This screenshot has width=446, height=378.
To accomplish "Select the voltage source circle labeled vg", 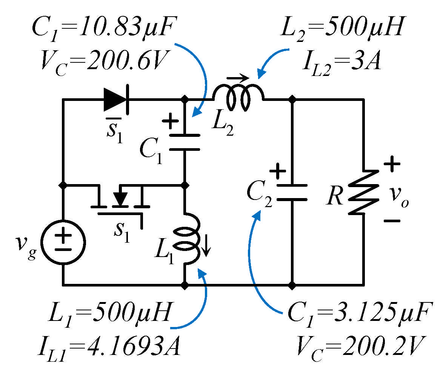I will [63, 242].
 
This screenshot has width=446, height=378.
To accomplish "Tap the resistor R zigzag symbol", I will [363, 193].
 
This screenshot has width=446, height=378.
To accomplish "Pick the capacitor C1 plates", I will [185, 142].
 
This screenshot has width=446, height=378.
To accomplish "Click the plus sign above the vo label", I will [392, 164].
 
